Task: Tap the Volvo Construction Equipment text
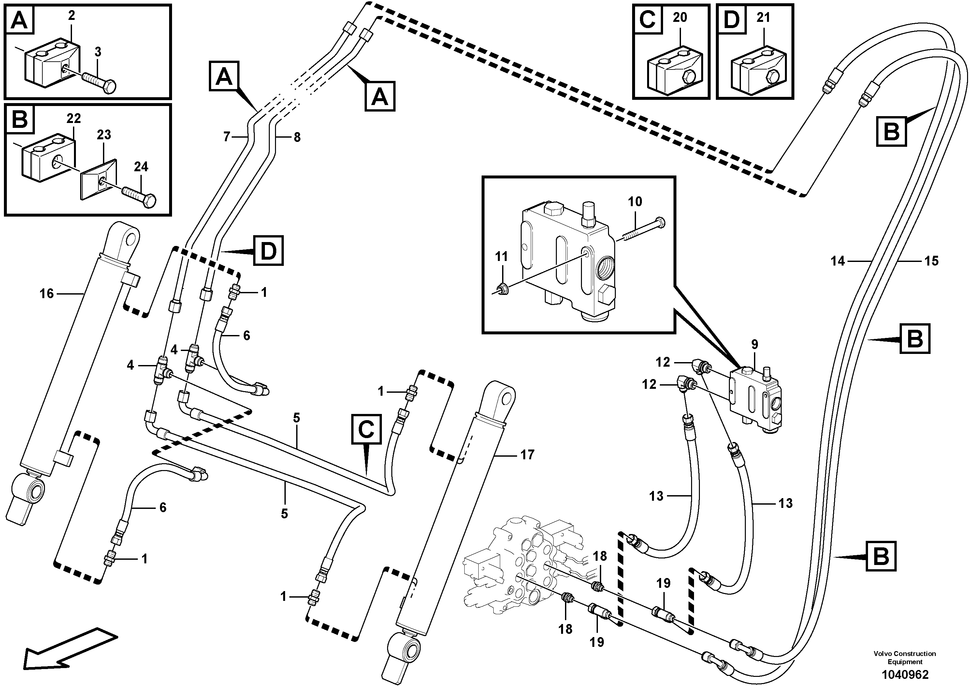click(905, 658)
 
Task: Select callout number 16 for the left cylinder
click(47, 294)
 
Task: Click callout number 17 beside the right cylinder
click(527, 455)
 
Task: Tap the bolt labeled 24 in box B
click(139, 197)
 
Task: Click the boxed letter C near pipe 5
click(366, 429)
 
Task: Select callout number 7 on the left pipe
click(227, 137)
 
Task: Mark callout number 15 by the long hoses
click(931, 261)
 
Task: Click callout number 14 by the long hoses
click(837, 261)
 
